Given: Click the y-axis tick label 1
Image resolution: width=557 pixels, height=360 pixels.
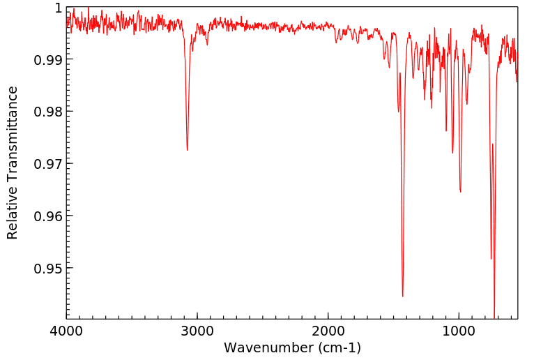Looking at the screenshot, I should (58, 8).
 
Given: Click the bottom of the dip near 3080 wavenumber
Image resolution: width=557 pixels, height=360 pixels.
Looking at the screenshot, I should (187, 150).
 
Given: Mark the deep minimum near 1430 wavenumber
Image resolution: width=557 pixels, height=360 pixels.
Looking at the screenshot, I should (402, 296).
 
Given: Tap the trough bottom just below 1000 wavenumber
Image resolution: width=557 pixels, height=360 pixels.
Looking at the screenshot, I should (460, 191).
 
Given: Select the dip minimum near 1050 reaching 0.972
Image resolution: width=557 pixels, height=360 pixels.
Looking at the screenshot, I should (452, 153).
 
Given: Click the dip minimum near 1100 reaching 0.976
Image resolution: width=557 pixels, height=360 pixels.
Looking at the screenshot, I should (446, 130).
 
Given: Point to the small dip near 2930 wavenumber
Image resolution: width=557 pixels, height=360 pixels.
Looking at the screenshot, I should (207, 45).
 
